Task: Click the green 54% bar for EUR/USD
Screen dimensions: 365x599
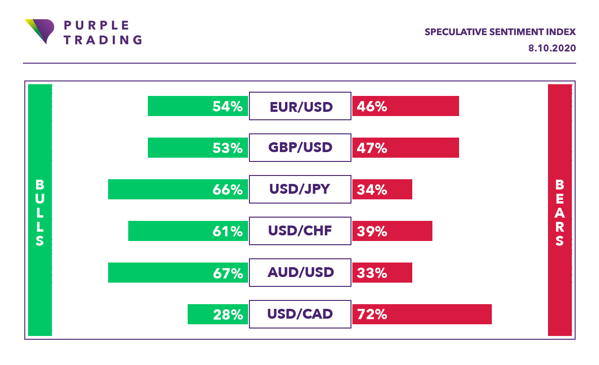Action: coord(198,106)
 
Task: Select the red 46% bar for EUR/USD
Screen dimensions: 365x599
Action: coord(406,106)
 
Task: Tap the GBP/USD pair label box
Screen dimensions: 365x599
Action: coord(300,147)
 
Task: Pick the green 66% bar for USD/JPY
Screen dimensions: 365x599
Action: coord(178,189)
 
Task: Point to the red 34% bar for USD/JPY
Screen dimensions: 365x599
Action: coord(382,189)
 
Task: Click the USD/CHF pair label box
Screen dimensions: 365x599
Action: coord(300,231)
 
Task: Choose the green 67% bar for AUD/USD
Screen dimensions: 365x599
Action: coord(178,272)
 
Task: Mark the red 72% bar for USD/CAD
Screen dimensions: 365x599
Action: coord(422,314)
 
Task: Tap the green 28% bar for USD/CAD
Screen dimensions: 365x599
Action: coord(218,314)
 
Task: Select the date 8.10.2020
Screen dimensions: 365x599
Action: coord(552,48)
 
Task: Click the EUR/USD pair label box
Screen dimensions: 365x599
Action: coord(300,106)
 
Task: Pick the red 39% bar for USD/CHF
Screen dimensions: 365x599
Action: coord(392,231)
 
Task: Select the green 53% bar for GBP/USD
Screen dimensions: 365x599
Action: coord(198,147)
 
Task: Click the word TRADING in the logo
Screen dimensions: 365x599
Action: coord(103,40)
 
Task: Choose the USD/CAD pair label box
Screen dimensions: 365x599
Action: coord(300,314)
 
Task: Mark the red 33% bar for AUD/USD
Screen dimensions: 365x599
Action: coord(382,272)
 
